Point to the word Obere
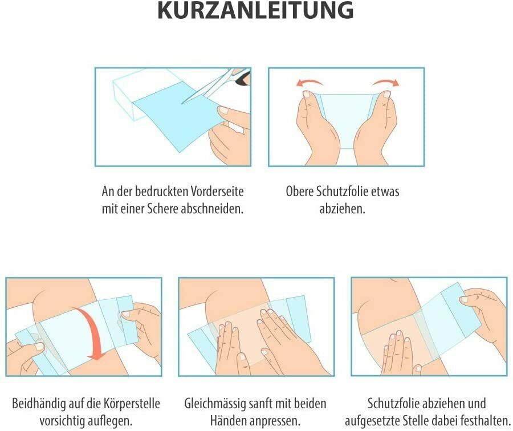[301, 191]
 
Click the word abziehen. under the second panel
[342, 208]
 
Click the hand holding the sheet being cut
[228, 134]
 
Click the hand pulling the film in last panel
[484, 314]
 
